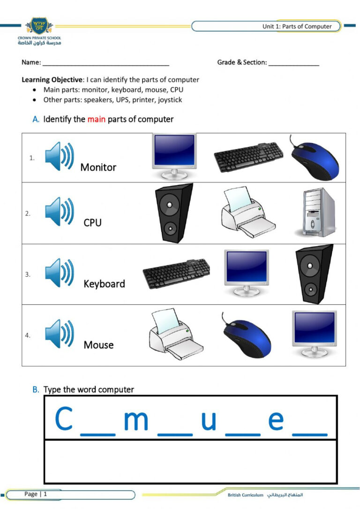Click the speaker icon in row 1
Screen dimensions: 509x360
pos(59,156)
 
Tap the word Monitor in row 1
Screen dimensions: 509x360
pos(98,167)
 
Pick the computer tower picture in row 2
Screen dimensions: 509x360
pos(315,212)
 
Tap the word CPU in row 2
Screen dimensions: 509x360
pos(92,223)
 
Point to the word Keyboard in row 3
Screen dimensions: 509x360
pos(104,284)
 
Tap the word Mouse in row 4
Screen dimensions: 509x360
pos(98,345)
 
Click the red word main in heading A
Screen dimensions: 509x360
pos(96,119)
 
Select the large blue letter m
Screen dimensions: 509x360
pos(136,420)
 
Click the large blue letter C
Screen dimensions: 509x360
pos(64,418)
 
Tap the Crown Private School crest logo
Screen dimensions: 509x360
pos(39,26)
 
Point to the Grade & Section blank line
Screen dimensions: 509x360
pos(293,65)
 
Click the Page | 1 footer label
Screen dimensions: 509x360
pos(36,494)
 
